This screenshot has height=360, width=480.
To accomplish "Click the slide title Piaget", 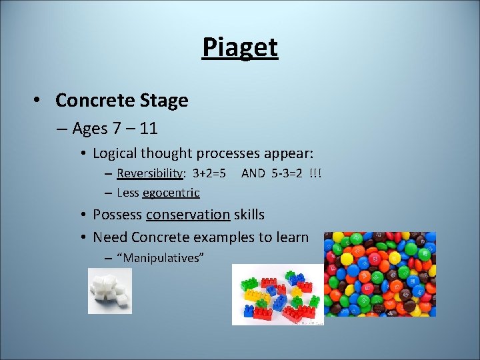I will [240, 47].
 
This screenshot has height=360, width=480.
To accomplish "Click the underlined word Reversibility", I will [149, 173].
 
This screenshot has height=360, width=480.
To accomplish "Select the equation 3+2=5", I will [209, 173].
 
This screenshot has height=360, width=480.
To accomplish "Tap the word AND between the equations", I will [253, 173].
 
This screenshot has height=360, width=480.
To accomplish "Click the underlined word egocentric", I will [171, 193].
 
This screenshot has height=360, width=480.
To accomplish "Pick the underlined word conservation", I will [188, 215].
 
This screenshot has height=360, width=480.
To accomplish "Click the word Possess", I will [117, 215].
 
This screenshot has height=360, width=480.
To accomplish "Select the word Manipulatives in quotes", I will [159, 258].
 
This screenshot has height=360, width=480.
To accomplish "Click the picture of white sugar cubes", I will [110, 291].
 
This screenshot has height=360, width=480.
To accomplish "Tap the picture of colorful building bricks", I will [277, 295].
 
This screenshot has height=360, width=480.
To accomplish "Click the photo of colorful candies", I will [379, 274].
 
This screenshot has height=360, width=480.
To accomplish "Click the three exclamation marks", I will [315, 173].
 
